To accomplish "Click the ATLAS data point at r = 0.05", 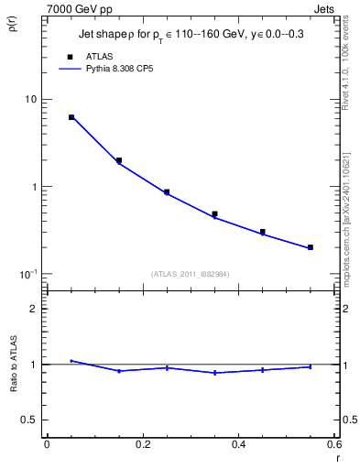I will pos(71,117).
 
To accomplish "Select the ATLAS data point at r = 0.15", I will pos(119,160).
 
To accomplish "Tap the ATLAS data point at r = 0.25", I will pos(167,192).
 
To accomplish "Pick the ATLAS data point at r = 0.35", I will pos(214,213).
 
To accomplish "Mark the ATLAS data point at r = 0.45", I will pos(263,232).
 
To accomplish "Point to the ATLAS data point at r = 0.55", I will pos(311,247).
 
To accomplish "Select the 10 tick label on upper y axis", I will pos(29,99).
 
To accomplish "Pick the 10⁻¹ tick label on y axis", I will pos(27,274).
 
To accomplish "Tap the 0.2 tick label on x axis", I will pos(142,444).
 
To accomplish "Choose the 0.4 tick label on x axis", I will pos(238,444).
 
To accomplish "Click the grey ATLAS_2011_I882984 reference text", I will pos(190,273).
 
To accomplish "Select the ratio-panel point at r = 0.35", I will pos(214,373).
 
